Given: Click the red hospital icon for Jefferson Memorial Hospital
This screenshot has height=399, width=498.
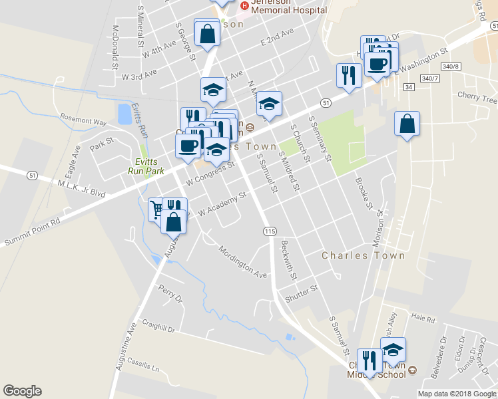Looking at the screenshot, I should point(244,6).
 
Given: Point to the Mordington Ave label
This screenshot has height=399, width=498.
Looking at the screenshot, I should point(244,261).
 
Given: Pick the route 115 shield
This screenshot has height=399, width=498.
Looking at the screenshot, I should point(269,231).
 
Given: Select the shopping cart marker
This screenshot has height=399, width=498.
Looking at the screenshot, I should point(156,209).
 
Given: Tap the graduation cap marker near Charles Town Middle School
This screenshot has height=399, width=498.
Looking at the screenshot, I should point(393,348).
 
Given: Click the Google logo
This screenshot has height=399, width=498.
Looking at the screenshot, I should point(22,391).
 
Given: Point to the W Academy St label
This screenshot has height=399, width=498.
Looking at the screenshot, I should point(222,204).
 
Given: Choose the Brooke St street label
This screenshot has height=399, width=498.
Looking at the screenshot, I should point(364,193).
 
